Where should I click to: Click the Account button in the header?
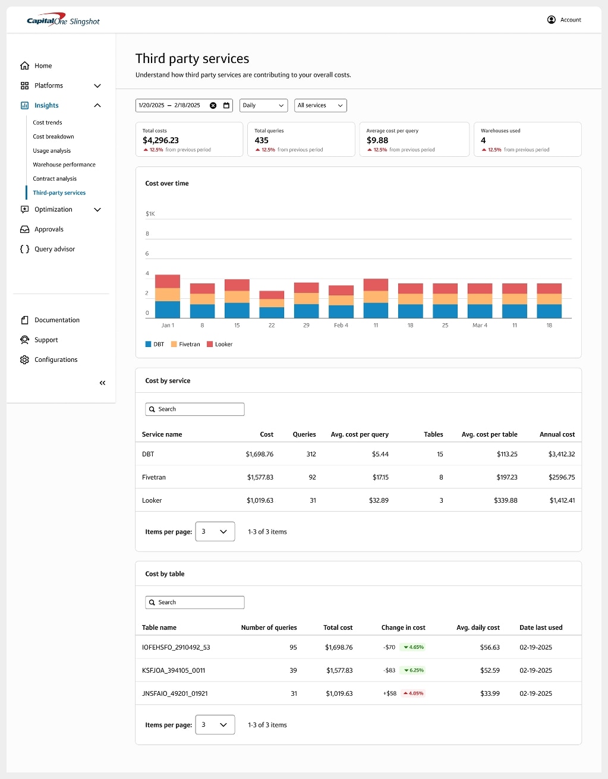(x=564, y=20)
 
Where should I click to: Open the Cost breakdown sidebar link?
(x=53, y=137)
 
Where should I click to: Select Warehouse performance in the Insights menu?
(x=64, y=165)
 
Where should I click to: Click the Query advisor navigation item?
(x=55, y=249)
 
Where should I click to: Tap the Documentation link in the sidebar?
(x=56, y=320)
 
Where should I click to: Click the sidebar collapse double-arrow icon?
(x=102, y=383)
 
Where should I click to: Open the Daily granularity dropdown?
(x=263, y=105)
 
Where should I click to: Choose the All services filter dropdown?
(x=320, y=105)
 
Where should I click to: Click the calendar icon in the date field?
(x=226, y=105)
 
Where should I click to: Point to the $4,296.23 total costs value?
(x=160, y=140)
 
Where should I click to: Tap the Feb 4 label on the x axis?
(x=341, y=326)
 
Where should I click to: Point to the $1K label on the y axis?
(x=150, y=214)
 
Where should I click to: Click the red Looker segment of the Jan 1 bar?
(x=168, y=281)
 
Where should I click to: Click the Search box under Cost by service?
(x=195, y=409)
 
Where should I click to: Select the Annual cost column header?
(x=557, y=434)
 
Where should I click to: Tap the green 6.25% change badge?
(x=414, y=670)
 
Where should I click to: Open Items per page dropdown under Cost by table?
(x=215, y=725)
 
